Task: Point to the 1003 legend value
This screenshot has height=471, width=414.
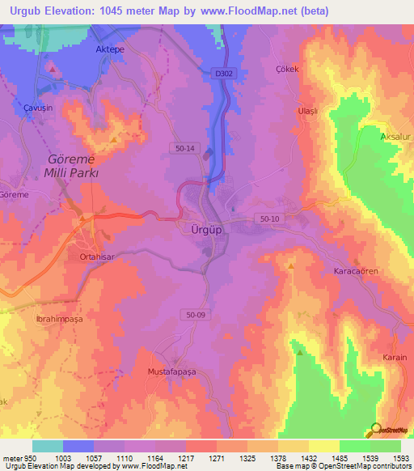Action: tap(62, 457)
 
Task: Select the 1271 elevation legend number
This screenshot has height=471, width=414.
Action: tap(216, 457)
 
